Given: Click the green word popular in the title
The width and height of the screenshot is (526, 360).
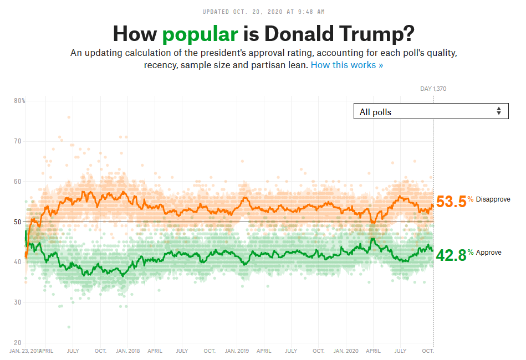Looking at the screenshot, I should tap(200, 34).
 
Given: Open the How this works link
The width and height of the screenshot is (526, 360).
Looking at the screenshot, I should tap(346, 65).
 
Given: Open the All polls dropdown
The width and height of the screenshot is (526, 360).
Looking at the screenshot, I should tap(430, 111).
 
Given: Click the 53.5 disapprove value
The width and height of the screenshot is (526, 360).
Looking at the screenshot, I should tap(451, 202).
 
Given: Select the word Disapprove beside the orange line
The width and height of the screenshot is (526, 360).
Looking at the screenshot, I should tap(492, 199).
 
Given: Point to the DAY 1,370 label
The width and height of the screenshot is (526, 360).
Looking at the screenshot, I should tap(433, 89).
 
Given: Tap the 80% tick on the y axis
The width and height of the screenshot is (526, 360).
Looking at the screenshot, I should tap(19, 101).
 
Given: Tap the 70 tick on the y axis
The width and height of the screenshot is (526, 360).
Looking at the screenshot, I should tap(18, 141).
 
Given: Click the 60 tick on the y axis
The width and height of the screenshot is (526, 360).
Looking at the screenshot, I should tap(18, 182).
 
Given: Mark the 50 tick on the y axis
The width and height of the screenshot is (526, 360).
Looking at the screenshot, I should tap(18, 222).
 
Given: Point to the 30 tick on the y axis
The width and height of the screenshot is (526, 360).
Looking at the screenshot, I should tap(18, 302).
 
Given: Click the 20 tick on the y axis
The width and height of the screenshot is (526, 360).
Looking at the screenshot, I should tap(18, 343).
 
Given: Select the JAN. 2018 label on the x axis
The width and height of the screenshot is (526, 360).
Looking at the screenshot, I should tap(127, 351).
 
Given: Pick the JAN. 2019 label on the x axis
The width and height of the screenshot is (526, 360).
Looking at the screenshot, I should tap(237, 351).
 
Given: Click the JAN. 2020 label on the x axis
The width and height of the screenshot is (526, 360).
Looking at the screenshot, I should tap(346, 351).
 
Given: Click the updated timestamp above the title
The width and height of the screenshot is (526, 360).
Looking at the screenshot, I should tap(263, 11).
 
